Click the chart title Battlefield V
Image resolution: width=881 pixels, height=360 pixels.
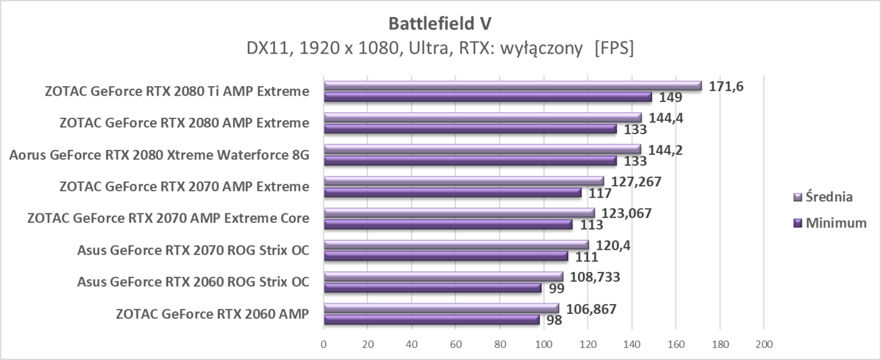pos(440,23)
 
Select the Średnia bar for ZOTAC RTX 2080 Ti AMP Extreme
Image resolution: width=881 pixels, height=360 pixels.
pos(512,86)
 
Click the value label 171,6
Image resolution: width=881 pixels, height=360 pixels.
pos(726,86)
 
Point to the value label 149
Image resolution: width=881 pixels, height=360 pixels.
pos(671,98)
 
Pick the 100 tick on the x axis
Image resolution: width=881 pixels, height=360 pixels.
pos(544,344)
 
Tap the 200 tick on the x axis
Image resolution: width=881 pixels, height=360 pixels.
pos(763,344)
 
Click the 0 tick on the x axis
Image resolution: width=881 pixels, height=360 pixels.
pos(323,344)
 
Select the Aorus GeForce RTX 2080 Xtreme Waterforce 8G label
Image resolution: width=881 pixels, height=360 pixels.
pos(159,155)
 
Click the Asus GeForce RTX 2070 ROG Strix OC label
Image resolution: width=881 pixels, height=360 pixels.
pos(193,250)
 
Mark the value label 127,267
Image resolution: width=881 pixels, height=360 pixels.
pos(636,181)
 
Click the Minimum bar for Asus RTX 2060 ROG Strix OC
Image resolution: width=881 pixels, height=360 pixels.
pos(432,288)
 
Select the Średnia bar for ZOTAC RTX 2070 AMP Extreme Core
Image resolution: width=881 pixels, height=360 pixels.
pos(459,213)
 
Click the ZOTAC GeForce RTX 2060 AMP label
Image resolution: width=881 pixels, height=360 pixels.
pos(213,313)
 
